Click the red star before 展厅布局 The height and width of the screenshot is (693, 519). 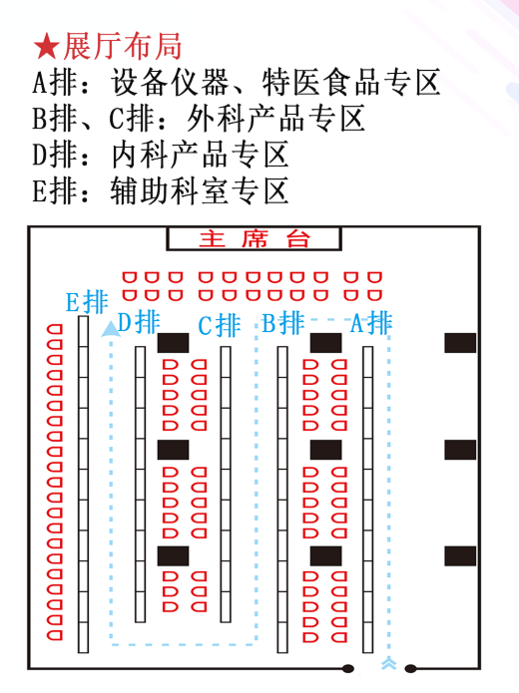point(47,47)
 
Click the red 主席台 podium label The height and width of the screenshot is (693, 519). point(254,239)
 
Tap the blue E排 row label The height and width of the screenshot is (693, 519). point(87,302)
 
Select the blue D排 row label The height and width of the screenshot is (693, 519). point(139,322)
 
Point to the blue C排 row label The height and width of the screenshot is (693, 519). point(219,326)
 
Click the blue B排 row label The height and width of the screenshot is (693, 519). point(282,323)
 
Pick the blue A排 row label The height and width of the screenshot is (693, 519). point(370,323)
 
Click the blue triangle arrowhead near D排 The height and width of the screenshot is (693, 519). point(111,329)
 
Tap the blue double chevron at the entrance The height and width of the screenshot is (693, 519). point(388,663)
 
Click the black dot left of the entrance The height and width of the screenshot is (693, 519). point(348,668)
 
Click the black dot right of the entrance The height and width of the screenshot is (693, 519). point(410,668)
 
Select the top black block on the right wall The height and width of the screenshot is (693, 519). point(460,343)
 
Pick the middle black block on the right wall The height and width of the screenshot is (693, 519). point(460,450)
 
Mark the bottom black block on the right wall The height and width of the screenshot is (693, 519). point(460,556)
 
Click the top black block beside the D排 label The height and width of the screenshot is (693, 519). point(173,343)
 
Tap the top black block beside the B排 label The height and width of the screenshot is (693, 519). point(325,343)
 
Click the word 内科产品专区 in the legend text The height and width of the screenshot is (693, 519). point(200,155)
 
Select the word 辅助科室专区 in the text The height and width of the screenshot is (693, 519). point(200,190)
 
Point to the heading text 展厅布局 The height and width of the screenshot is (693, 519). point(123,47)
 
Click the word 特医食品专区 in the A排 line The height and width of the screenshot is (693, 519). point(351,82)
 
